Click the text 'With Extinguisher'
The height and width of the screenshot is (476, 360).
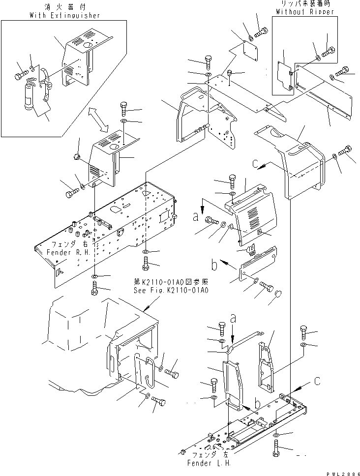click(65, 15)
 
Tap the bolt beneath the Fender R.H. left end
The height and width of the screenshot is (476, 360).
click(95, 287)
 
